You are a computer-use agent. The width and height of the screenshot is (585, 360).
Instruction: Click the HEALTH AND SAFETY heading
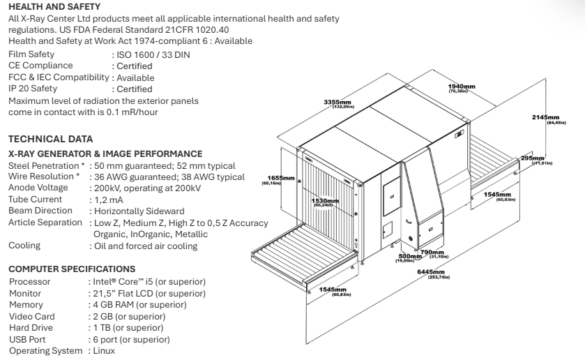click(x=46, y=6)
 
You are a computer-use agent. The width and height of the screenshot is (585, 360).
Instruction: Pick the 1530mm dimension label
click(x=324, y=201)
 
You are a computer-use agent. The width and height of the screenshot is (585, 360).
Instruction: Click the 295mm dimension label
click(x=532, y=159)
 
